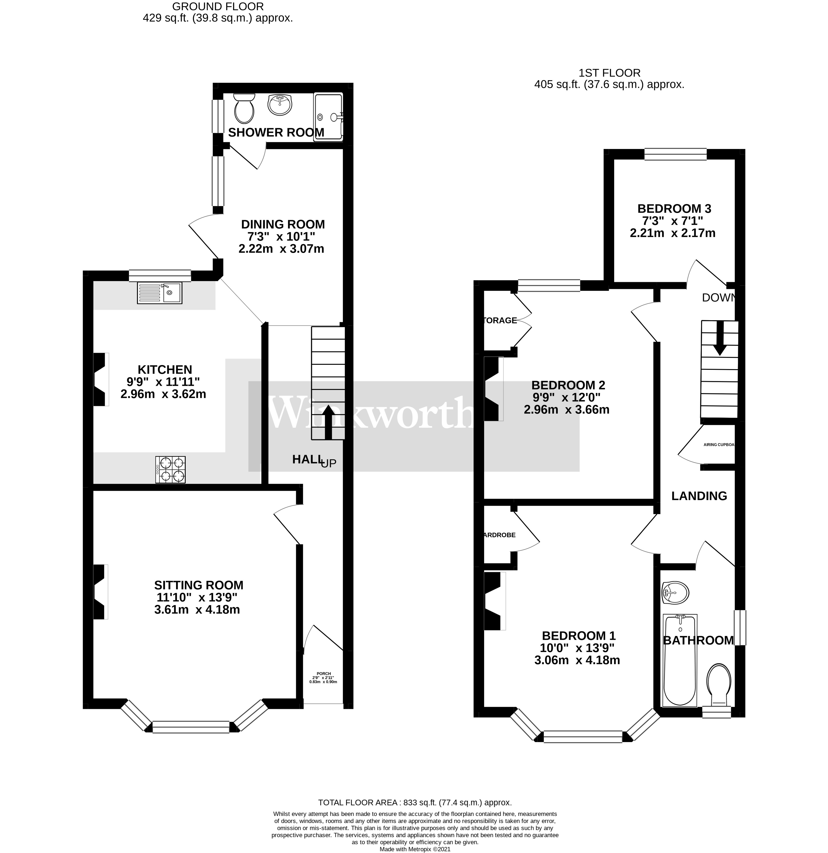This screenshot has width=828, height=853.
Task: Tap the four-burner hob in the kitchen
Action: (x=170, y=469)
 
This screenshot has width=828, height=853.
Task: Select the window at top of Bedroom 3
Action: (x=675, y=154)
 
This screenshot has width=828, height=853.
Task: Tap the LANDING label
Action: (x=699, y=496)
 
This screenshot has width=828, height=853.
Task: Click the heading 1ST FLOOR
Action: (x=609, y=73)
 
